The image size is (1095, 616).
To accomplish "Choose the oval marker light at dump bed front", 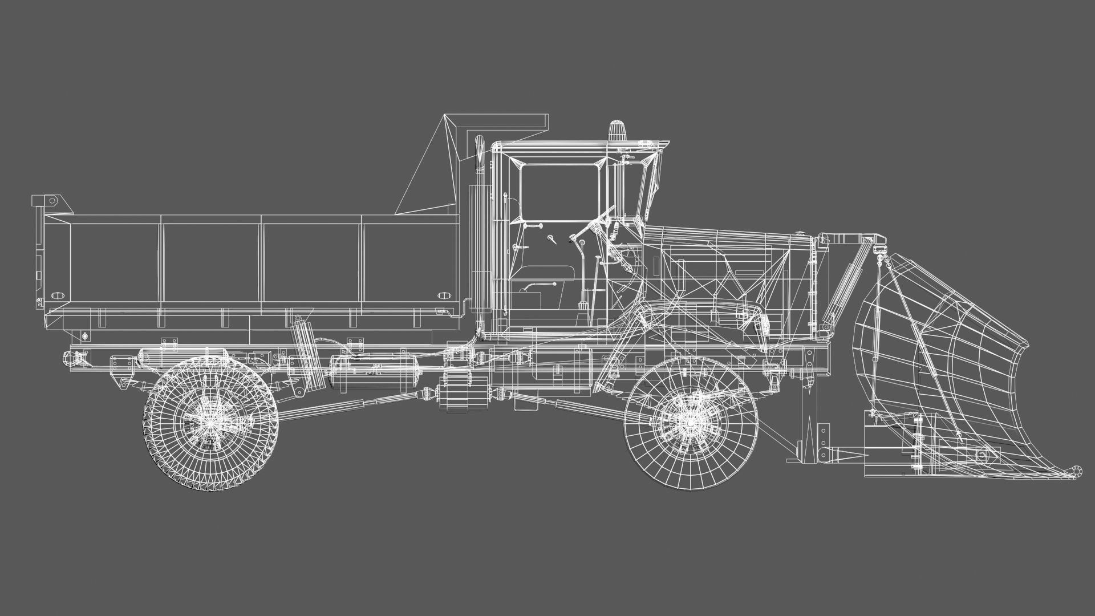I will tap(444, 295).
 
